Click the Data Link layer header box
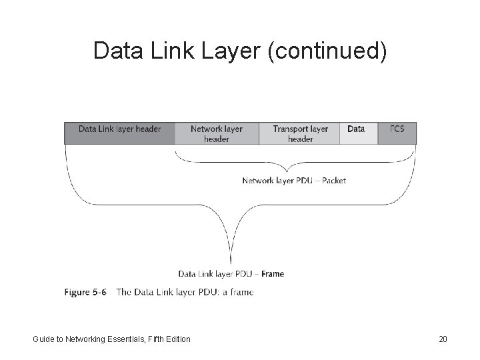119,133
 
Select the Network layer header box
217,133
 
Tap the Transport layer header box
300,133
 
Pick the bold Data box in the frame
357,133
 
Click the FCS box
397,133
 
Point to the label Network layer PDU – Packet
294,181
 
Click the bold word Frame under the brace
273,273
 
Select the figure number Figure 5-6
85,292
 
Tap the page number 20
443,339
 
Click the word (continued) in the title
327,51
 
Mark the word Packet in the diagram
333,181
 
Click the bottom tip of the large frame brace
231,264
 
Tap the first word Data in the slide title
115,51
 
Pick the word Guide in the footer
44,339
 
